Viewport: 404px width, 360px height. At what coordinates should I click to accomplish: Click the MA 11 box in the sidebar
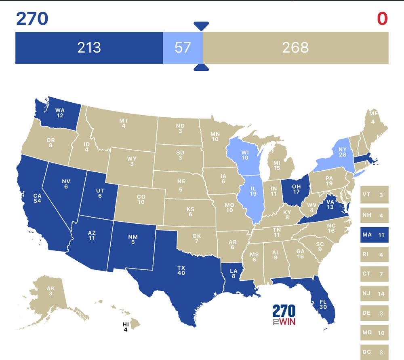click(x=374, y=235)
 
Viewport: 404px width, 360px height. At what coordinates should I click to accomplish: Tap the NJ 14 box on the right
click(x=374, y=294)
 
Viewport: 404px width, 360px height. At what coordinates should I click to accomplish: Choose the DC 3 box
click(x=374, y=352)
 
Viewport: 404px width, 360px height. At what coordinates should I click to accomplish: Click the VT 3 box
click(x=374, y=195)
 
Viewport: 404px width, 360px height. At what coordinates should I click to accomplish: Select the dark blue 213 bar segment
click(x=89, y=48)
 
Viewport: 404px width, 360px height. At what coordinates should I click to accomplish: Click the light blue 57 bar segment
click(x=183, y=48)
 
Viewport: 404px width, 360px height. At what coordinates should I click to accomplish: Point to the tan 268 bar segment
click(x=295, y=48)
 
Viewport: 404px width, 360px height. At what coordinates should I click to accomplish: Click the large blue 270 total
click(x=32, y=19)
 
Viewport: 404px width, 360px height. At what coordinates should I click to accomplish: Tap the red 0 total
click(x=382, y=19)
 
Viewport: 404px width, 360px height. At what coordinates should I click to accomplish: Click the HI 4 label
click(x=126, y=326)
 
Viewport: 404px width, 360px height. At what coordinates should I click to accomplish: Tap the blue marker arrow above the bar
click(x=201, y=26)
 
